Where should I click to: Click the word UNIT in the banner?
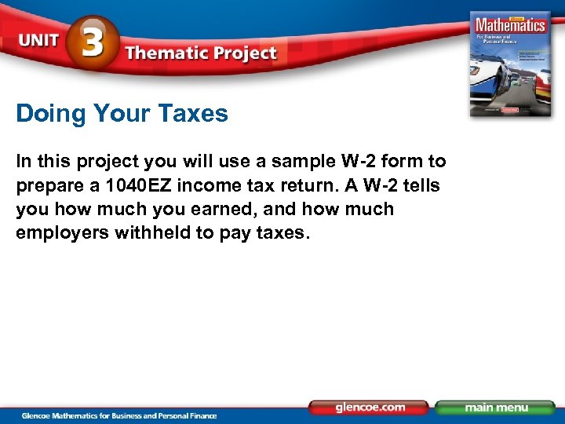[x=38, y=42]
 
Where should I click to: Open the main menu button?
[x=495, y=408]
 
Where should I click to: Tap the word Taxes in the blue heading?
[x=193, y=114]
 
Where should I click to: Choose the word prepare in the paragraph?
[x=45, y=186]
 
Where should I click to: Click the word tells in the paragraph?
[x=421, y=185]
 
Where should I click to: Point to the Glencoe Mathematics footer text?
[x=118, y=415]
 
